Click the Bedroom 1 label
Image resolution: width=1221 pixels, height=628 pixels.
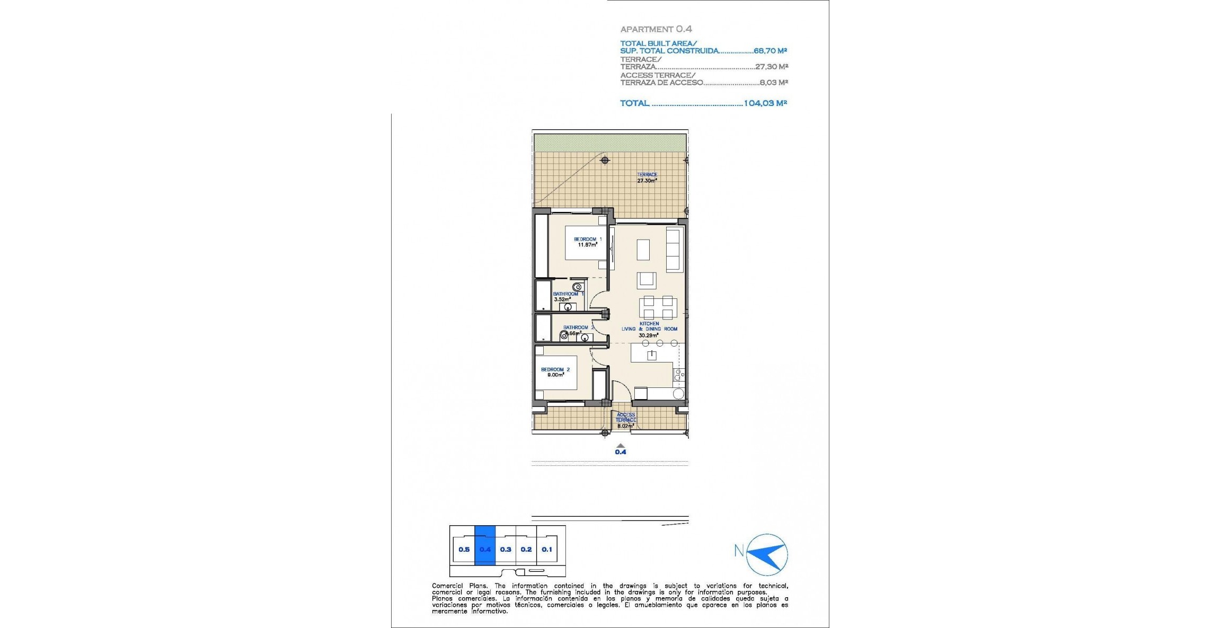point(588,239)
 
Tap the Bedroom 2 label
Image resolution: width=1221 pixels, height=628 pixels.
point(555,369)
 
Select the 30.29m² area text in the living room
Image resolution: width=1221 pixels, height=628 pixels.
point(648,335)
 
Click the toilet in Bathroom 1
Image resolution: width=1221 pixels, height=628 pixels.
point(577,287)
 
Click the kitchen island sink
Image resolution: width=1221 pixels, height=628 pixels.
point(651,355)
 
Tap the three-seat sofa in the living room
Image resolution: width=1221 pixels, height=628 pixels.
point(674,250)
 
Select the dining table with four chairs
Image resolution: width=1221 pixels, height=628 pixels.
point(658,307)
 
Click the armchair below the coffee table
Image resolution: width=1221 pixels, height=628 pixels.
point(646,279)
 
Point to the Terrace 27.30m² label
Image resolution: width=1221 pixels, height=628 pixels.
point(647,178)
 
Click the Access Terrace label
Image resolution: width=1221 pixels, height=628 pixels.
point(625,418)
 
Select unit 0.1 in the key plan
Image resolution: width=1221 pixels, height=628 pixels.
point(546,550)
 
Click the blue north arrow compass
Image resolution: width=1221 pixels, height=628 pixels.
point(767,554)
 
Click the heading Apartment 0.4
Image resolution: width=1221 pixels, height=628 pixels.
point(656,29)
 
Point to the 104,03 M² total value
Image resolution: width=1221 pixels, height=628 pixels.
point(765,103)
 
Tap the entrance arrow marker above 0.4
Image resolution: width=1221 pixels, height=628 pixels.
point(620,445)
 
